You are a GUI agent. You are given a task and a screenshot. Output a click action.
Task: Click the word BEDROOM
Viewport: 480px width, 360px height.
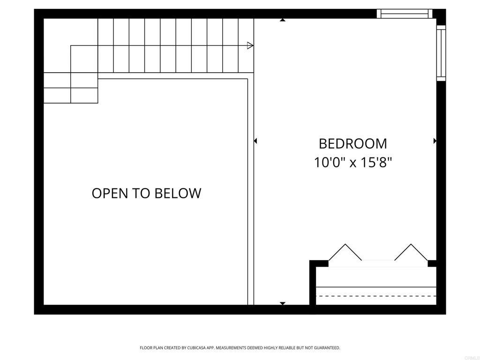(x=352, y=143)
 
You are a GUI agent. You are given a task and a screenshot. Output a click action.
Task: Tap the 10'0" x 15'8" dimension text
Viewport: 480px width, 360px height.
(x=352, y=163)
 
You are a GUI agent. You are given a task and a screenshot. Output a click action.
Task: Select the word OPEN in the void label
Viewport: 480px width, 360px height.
(x=109, y=193)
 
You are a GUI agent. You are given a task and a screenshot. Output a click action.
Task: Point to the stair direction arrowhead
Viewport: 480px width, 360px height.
(x=250, y=45)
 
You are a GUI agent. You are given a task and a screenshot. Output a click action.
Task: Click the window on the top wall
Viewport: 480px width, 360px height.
(x=405, y=14)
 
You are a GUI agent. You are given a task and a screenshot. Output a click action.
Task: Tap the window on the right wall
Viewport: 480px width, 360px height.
(x=441, y=52)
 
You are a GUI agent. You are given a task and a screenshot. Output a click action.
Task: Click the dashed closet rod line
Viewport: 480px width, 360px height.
(x=376, y=296)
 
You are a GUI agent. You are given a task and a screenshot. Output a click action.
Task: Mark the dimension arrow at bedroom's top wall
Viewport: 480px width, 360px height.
(x=282, y=20)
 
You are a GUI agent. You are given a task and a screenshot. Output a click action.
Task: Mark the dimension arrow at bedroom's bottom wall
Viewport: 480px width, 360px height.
(x=282, y=303)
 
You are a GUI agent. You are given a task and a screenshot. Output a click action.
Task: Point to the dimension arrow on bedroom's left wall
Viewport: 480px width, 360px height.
(x=255, y=141)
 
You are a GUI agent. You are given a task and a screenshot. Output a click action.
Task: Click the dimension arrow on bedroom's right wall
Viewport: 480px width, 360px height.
(x=435, y=141)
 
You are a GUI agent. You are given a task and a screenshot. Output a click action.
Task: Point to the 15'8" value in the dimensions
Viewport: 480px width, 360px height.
(x=376, y=163)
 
